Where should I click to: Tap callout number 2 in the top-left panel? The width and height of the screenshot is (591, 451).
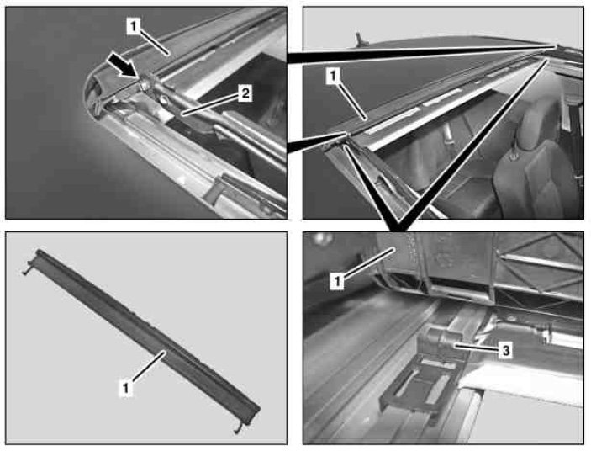tap(245, 93)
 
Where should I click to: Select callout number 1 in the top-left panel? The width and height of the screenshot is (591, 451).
tap(134, 26)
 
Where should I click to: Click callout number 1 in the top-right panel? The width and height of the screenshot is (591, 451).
tap(333, 77)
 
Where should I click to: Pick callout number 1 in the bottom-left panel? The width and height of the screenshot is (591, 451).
tap(126, 387)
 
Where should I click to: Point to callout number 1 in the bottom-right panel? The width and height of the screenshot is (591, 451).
tap(337, 282)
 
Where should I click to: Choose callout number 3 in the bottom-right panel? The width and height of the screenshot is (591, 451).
tap(505, 350)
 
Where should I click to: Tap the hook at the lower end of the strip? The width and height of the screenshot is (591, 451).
tap(237, 429)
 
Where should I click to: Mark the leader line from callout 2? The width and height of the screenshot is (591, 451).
tap(209, 104)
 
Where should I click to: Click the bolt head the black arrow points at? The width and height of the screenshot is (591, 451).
tap(144, 86)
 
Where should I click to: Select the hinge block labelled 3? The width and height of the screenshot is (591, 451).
tap(439, 343)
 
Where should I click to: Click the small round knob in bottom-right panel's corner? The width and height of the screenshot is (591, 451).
tap(319, 239)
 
